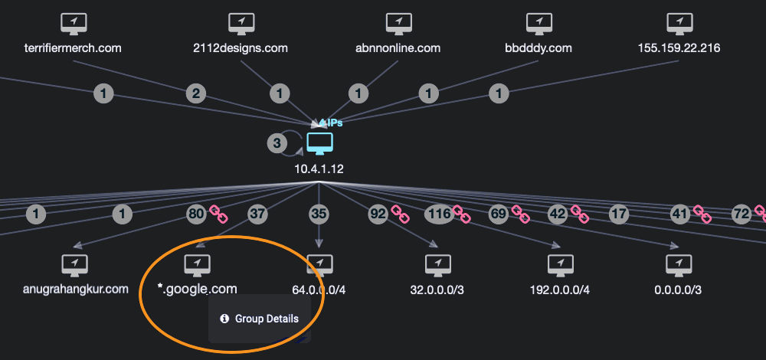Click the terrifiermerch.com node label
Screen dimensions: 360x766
pyautogui.click(x=74, y=48)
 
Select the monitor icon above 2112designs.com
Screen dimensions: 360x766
pyautogui.click(x=241, y=24)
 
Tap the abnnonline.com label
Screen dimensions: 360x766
pyautogui.click(x=398, y=48)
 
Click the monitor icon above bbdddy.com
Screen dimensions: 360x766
pyautogui.click(x=539, y=24)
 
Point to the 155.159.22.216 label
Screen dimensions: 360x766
pyautogui.click(x=679, y=48)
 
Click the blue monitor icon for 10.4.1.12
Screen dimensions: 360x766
pyautogui.click(x=319, y=143)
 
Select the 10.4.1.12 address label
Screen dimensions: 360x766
pyautogui.click(x=319, y=168)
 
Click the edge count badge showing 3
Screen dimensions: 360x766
pyautogui.click(x=277, y=142)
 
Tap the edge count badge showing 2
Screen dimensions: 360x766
pyautogui.click(x=197, y=94)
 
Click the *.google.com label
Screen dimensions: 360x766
pyautogui.click(x=197, y=289)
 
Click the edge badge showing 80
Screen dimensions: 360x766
pyautogui.click(x=197, y=214)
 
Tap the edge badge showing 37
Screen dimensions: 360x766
pyautogui.click(x=257, y=214)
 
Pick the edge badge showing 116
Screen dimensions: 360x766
pyautogui.click(x=439, y=214)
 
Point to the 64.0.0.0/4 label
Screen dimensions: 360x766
pyautogui.click(x=319, y=290)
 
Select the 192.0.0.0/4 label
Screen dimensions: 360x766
pyautogui.click(x=559, y=290)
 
